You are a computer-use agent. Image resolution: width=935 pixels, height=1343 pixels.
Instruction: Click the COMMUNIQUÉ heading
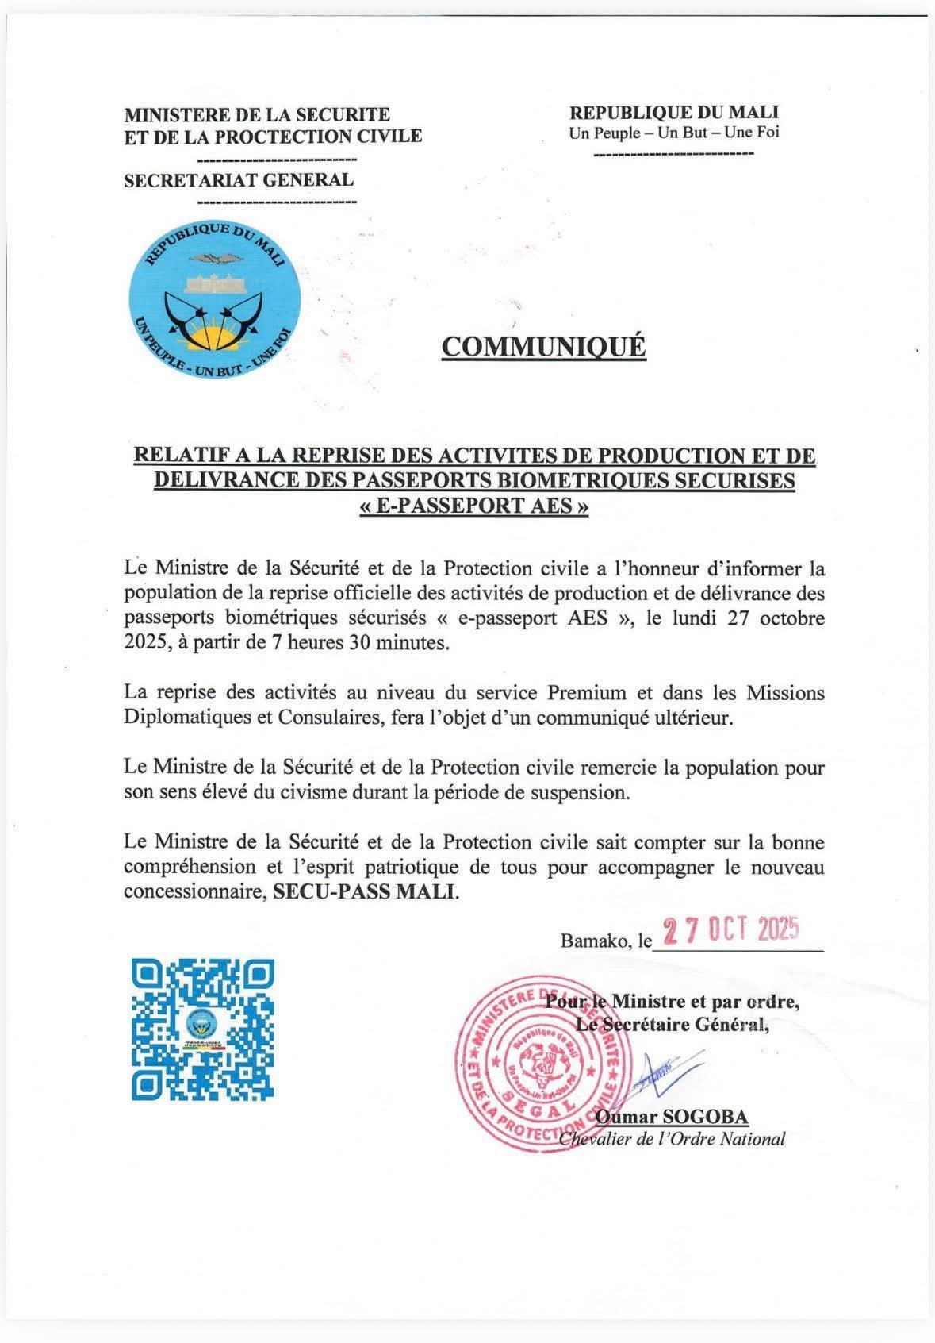pos(543,347)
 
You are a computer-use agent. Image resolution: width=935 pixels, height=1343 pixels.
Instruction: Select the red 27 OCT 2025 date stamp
pos(730,929)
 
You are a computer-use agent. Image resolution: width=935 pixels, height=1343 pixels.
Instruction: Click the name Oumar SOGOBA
pos(671,1118)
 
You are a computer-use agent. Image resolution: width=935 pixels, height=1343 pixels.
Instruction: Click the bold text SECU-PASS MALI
pos(366,891)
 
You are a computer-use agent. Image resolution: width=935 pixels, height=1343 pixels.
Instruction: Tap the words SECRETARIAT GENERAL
pos(239,179)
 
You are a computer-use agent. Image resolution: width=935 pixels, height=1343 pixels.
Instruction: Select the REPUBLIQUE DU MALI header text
pos(674,113)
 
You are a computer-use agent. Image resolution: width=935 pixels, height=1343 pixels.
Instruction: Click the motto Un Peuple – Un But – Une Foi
pos(674,133)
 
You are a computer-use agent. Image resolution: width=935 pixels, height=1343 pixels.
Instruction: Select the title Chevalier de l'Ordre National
pos(673,1139)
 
